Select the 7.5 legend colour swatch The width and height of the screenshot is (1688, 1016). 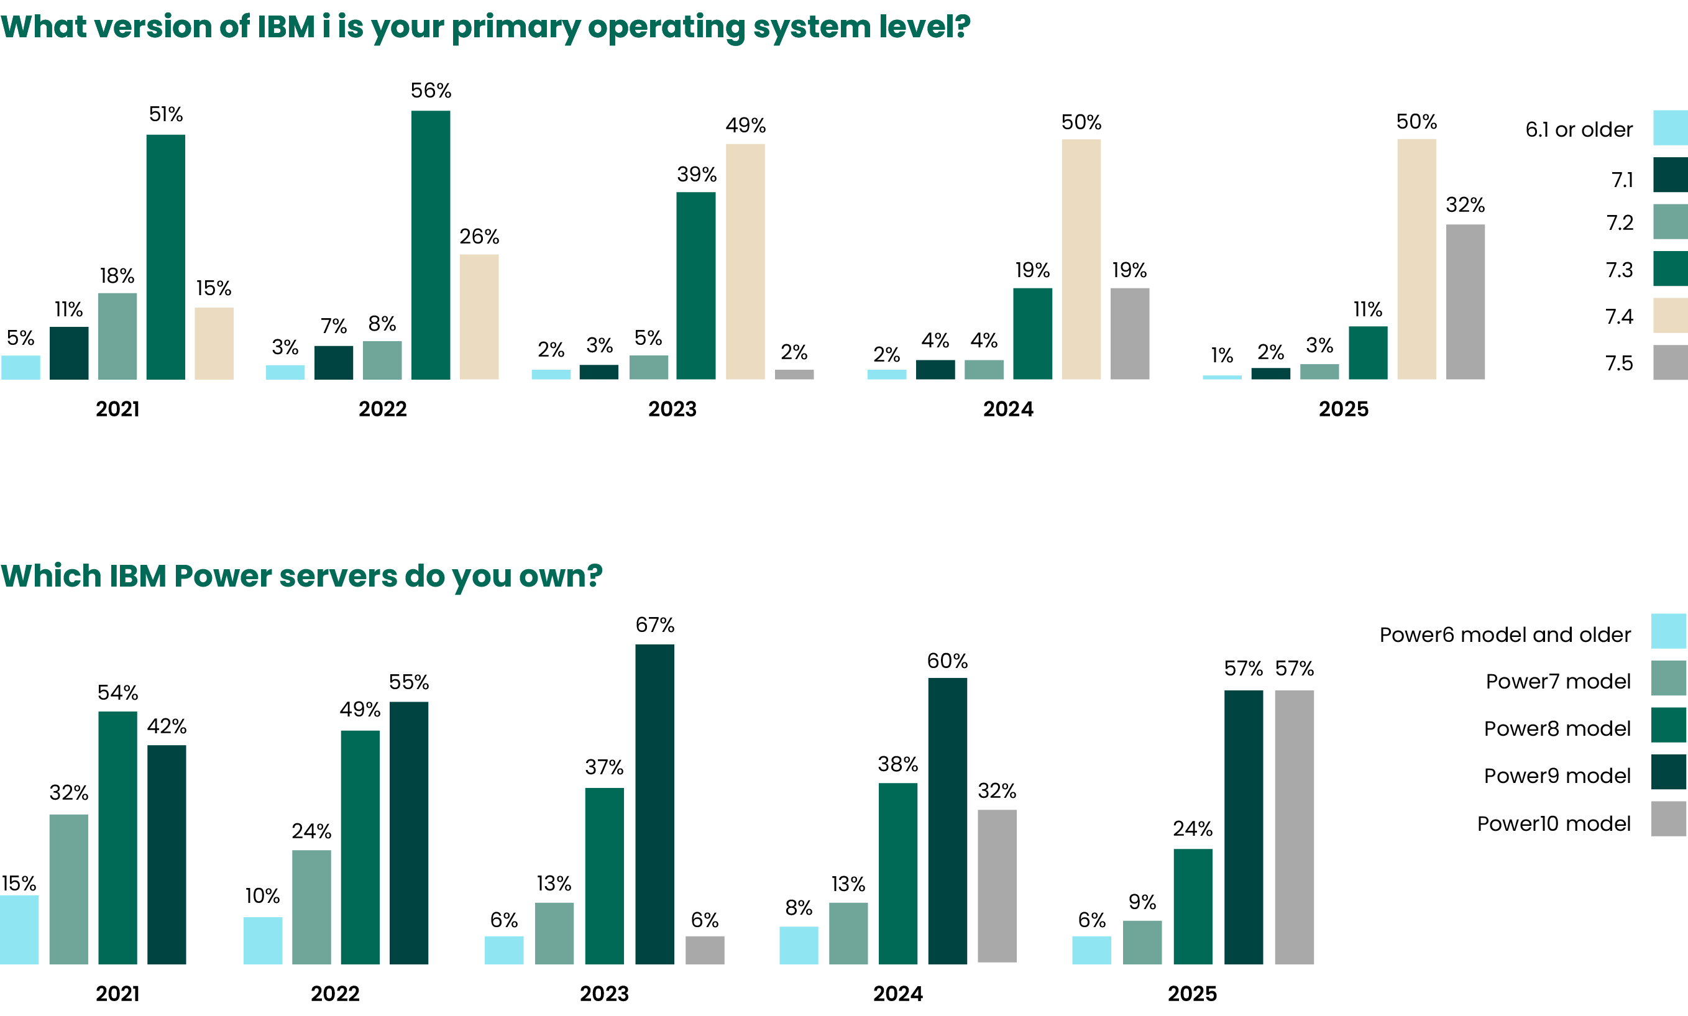point(1669,362)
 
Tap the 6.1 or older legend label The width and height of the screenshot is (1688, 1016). point(1579,129)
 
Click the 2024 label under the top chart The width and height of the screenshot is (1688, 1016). point(1008,409)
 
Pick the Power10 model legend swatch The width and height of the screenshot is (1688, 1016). point(1668,818)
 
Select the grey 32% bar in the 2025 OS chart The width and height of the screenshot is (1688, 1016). point(1466,301)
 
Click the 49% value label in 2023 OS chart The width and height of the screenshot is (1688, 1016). point(745,126)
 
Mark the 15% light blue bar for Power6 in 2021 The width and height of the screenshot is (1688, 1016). point(19,929)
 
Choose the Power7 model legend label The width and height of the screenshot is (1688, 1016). point(1558,681)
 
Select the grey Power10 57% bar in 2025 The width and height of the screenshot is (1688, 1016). point(1293,827)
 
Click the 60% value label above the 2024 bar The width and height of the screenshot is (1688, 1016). point(947,661)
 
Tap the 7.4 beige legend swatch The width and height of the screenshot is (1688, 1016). point(1669,316)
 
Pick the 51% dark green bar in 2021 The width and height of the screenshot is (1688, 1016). point(165,257)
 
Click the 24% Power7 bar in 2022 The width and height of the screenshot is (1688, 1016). point(311,907)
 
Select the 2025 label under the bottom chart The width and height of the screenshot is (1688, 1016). point(1192,994)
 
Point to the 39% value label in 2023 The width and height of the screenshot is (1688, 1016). point(697,175)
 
